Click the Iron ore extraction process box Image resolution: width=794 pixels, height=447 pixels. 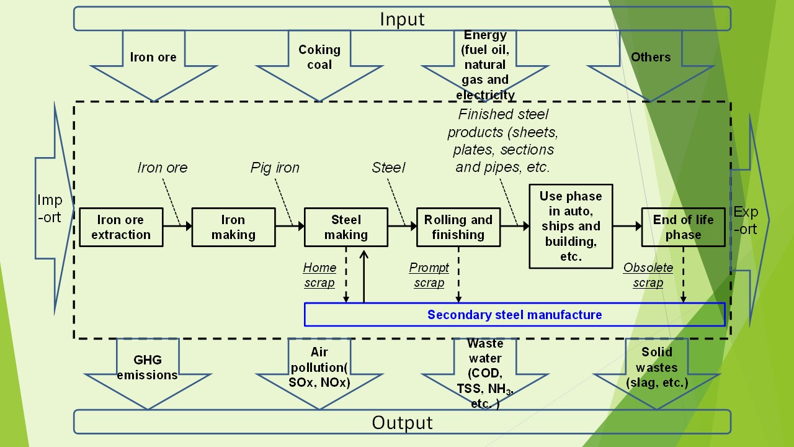coord(121,227)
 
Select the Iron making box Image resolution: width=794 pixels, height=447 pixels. coord(233,227)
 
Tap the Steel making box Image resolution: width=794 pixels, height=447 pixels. coord(346,227)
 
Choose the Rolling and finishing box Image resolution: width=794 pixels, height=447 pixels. coord(458,227)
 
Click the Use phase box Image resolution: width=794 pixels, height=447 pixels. coord(571,226)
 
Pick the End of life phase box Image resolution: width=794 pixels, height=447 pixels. coord(683,227)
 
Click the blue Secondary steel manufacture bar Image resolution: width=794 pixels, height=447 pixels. coord(514,314)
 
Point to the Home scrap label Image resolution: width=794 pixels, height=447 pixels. coord(319,275)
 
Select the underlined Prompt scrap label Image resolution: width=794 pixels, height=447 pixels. coord(429,275)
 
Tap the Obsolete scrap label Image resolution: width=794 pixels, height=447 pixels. coord(648,275)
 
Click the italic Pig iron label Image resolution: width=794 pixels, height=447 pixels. coord(275,168)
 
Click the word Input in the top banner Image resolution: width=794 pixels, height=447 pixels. coord(402,19)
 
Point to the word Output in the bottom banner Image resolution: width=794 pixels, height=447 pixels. coord(402,423)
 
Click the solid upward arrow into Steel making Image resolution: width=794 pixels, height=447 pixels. coord(364,276)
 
